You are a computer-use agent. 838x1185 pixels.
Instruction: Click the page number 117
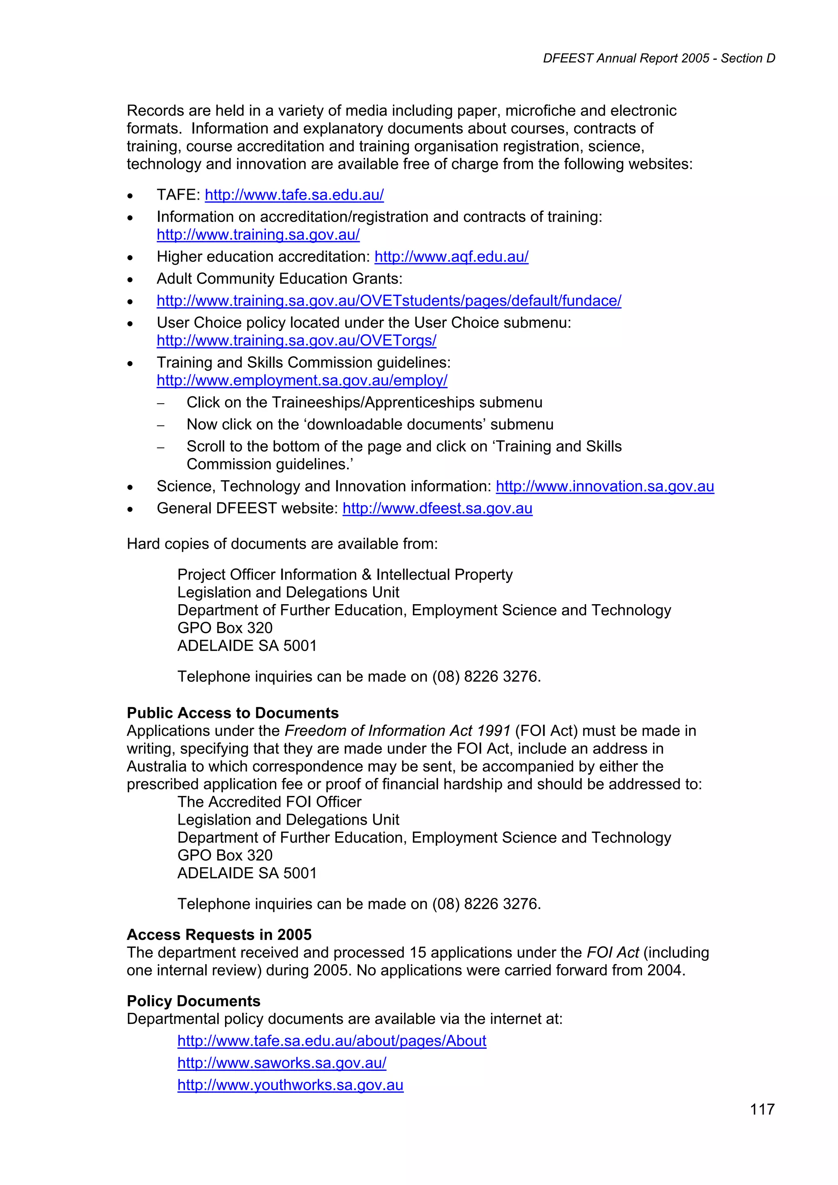[762, 1109]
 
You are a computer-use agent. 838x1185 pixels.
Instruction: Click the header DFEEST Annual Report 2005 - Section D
[659, 58]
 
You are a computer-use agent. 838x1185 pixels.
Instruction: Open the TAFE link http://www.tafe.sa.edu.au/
[294, 195]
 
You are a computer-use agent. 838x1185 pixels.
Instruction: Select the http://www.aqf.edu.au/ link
[451, 257]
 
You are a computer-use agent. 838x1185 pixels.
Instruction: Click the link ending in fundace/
[389, 301]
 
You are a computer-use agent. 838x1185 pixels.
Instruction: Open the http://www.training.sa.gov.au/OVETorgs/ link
[296, 341]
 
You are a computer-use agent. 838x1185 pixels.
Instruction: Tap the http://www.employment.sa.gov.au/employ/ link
[302, 380]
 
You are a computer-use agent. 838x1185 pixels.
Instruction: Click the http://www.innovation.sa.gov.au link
[605, 487]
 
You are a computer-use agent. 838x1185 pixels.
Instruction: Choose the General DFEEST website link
[437, 508]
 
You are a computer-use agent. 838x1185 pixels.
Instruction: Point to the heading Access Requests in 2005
[219, 935]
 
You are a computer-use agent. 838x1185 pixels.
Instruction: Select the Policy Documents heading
[194, 1001]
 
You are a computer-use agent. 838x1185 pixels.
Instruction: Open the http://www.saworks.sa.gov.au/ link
[282, 1063]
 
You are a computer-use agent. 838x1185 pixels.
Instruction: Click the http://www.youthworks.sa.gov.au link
[290, 1085]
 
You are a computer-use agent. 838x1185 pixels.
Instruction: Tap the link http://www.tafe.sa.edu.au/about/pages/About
[331, 1041]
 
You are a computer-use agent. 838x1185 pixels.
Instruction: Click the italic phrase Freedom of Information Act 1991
[397, 731]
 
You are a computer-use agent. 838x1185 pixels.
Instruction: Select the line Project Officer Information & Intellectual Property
[345, 575]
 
